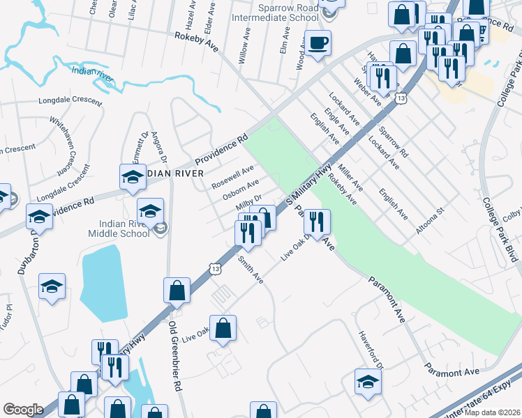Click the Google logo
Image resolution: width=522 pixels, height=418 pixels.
(23, 409)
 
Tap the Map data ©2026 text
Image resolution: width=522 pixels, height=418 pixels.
(493, 412)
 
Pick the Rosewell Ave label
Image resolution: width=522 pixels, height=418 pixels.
(233, 178)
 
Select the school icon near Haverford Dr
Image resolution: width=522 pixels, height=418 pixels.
(368, 381)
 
